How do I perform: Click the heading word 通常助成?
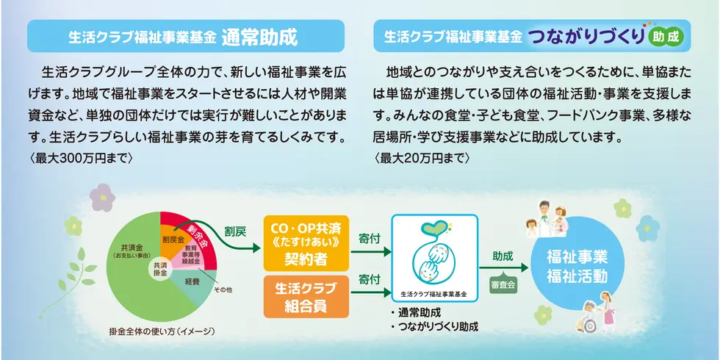coord(259,38)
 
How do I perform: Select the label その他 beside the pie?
coord(223,290)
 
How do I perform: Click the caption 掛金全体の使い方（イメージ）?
coord(162,331)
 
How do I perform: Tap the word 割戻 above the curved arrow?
coord(234,231)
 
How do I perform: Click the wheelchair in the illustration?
coord(586,322)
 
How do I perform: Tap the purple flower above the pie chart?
coord(102,198)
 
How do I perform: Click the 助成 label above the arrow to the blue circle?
coord(503,256)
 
